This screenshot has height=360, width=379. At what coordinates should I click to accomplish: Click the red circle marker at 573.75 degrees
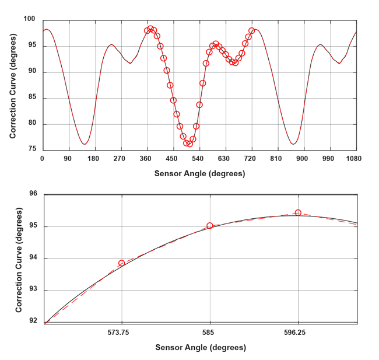(122, 263)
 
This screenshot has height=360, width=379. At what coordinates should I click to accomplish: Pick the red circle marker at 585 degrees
(210, 226)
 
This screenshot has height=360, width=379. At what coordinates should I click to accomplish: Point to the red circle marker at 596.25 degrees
(298, 213)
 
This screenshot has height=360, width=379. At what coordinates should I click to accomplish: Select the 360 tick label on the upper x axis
(146, 158)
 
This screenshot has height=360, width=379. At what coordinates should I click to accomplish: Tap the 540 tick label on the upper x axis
(198, 158)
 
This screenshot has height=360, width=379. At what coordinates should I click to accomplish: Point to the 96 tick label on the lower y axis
(33, 194)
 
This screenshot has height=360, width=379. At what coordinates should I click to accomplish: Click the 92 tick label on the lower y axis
(33, 322)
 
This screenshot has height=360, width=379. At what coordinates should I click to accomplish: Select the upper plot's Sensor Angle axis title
(199, 173)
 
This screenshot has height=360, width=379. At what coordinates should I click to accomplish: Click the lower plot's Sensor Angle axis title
(200, 347)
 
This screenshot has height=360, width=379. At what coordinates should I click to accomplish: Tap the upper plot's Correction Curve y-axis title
(13, 85)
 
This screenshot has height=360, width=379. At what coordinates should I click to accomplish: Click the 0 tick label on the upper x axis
(43, 158)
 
